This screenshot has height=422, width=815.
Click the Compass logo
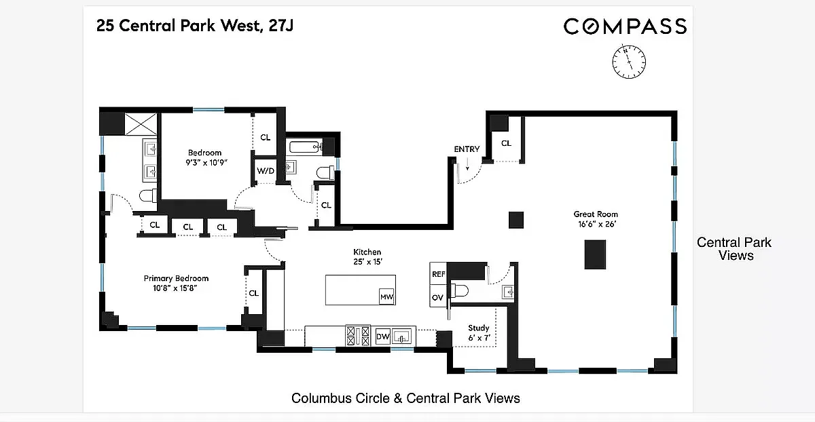(x=625, y=26)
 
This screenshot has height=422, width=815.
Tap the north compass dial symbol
(x=629, y=62)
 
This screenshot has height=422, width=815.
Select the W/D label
(x=266, y=171)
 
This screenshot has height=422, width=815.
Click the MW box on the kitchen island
(x=386, y=296)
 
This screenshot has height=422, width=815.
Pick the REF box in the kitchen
(x=439, y=273)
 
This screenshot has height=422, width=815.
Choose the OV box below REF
(x=437, y=296)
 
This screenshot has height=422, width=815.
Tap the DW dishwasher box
(x=383, y=337)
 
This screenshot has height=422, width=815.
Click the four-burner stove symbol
(x=358, y=335)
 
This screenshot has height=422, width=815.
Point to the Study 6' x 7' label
(x=479, y=332)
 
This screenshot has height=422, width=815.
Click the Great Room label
(x=596, y=219)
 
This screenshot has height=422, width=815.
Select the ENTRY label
(x=467, y=149)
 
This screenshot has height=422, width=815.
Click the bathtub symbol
(x=306, y=147)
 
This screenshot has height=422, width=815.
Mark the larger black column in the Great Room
(x=595, y=254)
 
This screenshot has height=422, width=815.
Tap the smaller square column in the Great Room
(x=516, y=220)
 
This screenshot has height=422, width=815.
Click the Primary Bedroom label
(x=176, y=283)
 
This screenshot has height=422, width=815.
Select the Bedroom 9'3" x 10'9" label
(x=206, y=157)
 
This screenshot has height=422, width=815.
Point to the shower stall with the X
(x=141, y=123)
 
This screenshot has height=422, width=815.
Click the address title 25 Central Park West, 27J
(x=195, y=26)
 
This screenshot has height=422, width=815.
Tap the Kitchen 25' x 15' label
(x=367, y=256)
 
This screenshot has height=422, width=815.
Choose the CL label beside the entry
(x=506, y=143)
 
